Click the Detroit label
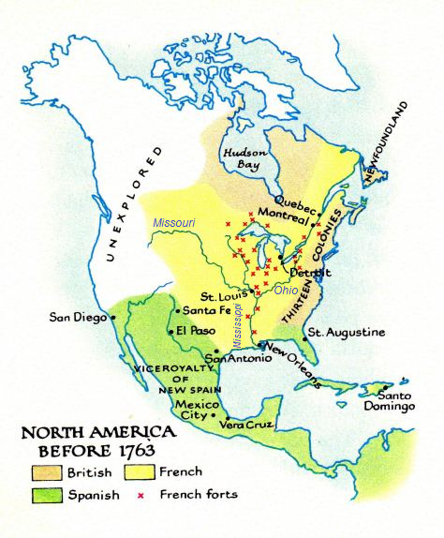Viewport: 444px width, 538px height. (x=310, y=272)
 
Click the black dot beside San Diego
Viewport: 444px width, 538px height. (x=113, y=317)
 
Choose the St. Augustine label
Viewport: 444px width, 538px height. (x=347, y=333)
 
